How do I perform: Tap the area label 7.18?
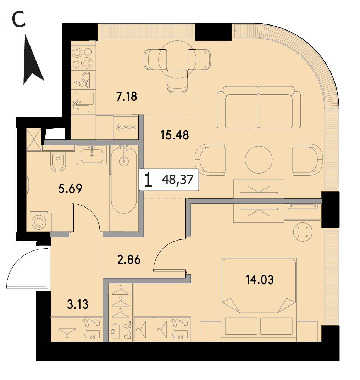[127, 97]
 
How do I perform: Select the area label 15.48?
[175, 135]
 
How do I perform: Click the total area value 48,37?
[178, 180]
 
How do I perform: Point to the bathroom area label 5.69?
[70, 188]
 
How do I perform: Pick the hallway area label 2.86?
[129, 260]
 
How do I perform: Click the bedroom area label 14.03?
[260, 280]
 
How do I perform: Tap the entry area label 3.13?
[78, 304]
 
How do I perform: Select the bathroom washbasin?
[92, 155]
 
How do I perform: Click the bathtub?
[123, 181]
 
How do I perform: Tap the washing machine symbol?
[39, 222]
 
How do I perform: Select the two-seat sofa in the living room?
[259, 107]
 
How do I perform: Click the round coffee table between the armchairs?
[259, 159]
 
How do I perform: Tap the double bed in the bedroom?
[259, 299]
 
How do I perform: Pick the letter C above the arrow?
[18, 20]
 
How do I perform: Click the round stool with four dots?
[303, 232]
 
